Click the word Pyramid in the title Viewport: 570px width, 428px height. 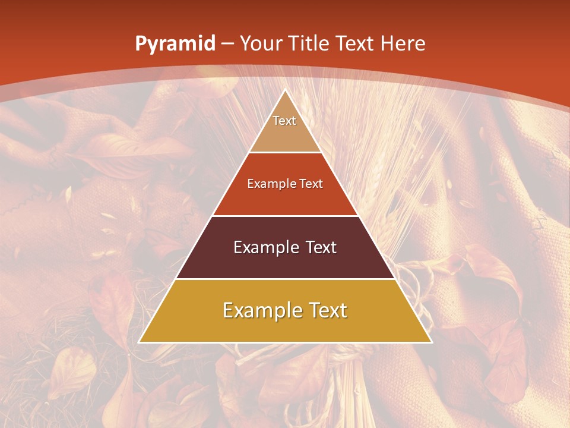click(175, 44)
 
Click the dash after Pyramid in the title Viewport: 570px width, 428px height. click(227, 44)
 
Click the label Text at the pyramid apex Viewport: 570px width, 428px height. click(284, 121)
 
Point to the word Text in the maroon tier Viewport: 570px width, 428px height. click(318, 247)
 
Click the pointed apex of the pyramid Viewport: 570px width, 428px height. click(285, 91)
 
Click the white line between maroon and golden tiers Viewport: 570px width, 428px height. click(285, 279)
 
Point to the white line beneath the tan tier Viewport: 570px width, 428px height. click(285, 153)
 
